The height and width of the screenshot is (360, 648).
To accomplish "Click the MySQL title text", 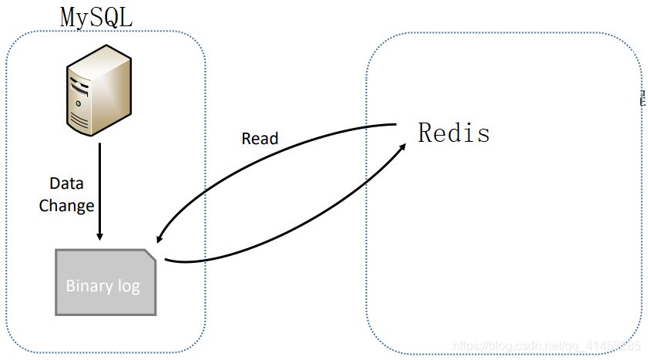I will point(96,17).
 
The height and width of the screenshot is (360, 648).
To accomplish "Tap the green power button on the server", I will point(78,103).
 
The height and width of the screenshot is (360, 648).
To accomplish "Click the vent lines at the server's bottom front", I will point(80,119).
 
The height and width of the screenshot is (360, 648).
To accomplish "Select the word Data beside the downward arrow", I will point(66,183).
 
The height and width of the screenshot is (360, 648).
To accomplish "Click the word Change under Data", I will point(66,206).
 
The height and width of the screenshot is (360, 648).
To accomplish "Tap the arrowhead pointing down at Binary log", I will point(99,235).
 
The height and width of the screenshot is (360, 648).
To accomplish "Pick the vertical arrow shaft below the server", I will point(99,185).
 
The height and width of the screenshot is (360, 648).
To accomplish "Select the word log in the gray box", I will point(128,286).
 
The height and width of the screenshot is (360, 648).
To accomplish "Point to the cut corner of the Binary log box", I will point(151,254).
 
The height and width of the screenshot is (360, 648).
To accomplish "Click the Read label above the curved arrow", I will point(260,139).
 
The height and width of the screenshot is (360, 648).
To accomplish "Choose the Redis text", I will point(454,133).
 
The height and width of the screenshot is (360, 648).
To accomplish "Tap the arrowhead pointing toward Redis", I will point(403,144).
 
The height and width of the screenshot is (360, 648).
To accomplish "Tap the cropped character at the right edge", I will point(642,97).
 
